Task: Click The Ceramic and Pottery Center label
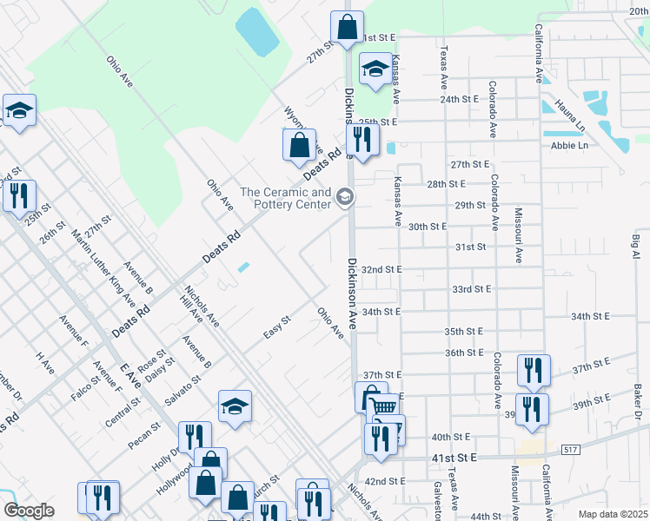286,199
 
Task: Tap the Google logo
29,511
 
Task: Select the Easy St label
276,333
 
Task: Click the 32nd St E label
381,269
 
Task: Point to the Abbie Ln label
569,145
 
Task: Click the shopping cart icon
384,408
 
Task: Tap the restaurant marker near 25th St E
361,139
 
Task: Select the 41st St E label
452,458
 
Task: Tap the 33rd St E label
472,289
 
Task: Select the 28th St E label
447,184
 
